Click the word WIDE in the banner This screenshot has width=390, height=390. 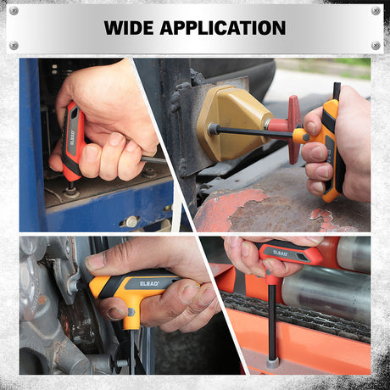tap(129, 28)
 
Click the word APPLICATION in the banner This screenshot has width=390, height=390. tap(223, 28)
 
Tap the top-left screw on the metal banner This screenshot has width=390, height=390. tap(14, 11)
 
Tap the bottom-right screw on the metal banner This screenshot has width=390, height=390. tap(376, 45)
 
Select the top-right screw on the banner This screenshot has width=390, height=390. tap(376, 11)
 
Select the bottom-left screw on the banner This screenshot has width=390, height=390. tap(14, 45)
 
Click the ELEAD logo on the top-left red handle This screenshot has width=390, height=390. tap(72, 137)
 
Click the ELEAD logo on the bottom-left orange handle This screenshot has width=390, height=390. tap(149, 283)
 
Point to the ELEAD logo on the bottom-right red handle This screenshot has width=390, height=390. tap(280, 253)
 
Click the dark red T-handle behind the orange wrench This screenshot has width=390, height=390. tap(294, 129)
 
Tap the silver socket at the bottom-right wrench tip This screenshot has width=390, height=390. tap(273, 363)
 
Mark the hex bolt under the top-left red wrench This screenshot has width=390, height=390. tap(71, 192)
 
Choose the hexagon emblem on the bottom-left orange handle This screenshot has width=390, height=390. tap(131, 312)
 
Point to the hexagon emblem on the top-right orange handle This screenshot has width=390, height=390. tap(306, 137)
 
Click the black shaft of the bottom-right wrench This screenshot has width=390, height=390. tap(272, 322)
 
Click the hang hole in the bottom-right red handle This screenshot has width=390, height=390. tap(304, 256)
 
